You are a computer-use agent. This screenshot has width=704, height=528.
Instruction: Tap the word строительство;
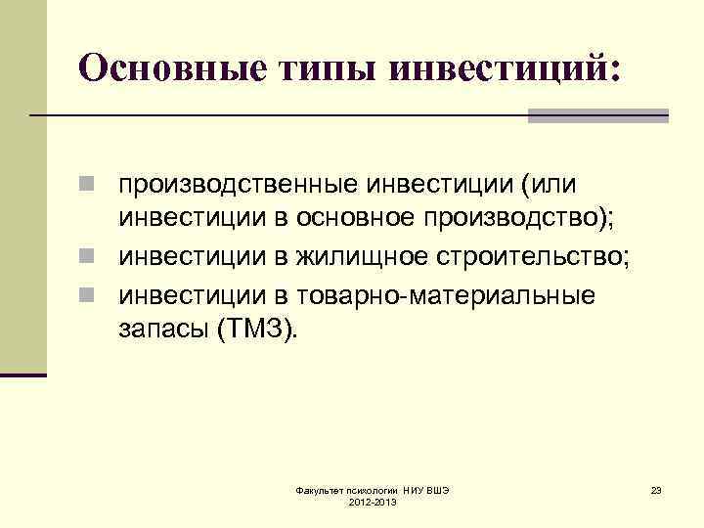(537, 256)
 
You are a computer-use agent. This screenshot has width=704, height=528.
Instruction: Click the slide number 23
(656, 489)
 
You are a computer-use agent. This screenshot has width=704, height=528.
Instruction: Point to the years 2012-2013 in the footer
(372, 502)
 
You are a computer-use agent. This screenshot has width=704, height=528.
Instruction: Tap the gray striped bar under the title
(597, 115)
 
